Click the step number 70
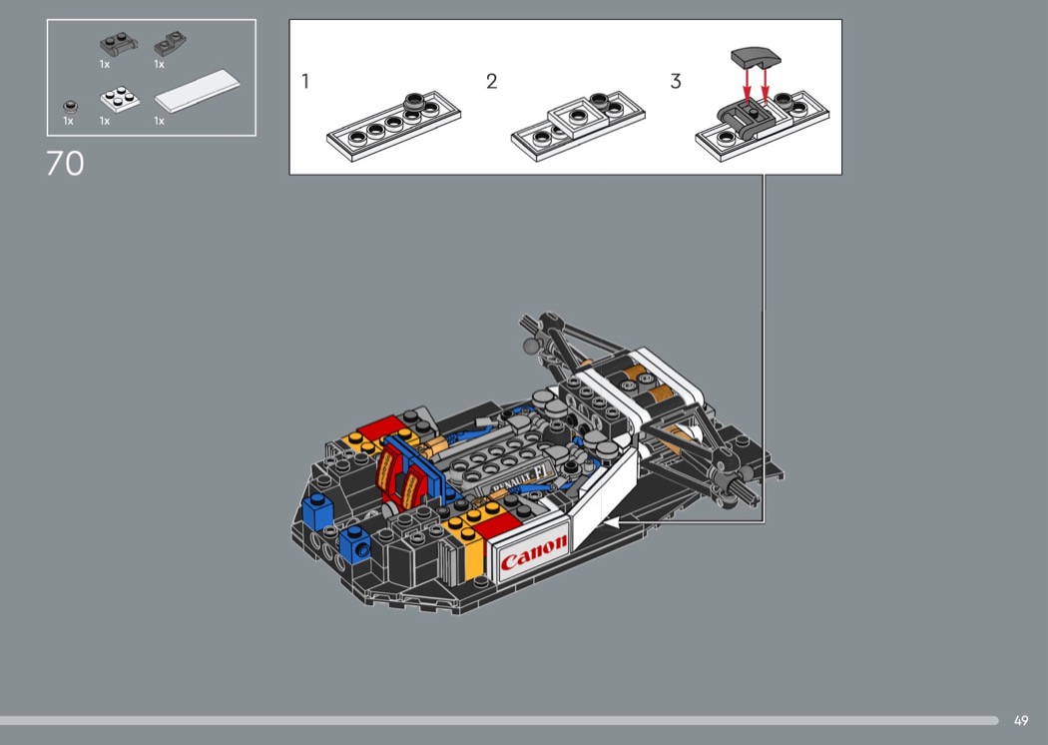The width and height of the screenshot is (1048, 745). tap(65, 163)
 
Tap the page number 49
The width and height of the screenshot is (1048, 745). tap(1021, 720)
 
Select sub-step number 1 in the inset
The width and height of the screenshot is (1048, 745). tap(305, 82)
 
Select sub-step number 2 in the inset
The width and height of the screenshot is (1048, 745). tap(492, 82)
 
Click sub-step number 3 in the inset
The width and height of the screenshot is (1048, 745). tap(676, 82)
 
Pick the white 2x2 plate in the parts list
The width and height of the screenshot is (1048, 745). tap(120, 100)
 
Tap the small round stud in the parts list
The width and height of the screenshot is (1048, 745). tap(70, 106)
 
